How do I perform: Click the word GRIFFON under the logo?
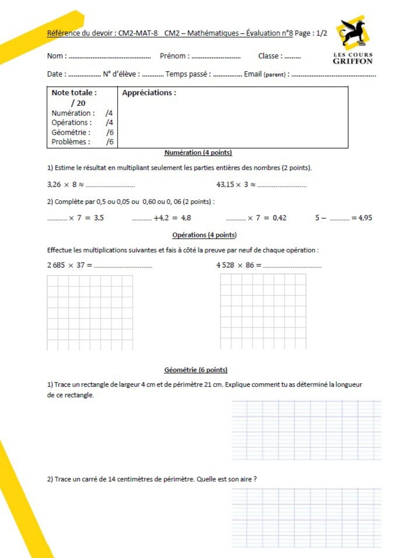coord(353,61)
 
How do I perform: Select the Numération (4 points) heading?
coord(198,153)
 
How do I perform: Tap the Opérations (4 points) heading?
coord(204,235)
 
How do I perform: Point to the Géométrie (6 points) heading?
coord(196,370)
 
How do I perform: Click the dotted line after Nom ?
coord(110,57)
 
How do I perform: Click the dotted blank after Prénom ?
coord(216,57)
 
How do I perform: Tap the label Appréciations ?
coord(149,93)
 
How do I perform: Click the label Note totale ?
coord(74,93)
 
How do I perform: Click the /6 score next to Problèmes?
coord(110,142)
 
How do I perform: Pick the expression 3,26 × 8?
coord(62,184)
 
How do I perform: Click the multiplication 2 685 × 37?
coord(66,265)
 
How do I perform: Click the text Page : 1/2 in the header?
coord(311,33)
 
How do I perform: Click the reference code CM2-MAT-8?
coord(138,33)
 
